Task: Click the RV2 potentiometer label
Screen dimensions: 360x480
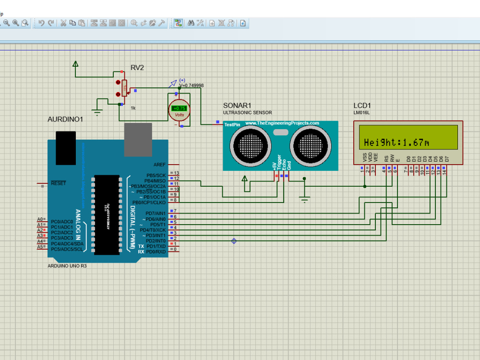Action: pyautogui.click(x=137, y=68)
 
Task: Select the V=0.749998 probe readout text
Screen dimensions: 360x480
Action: pyautogui.click(x=192, y=85)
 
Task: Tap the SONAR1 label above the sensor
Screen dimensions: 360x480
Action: pyautogui.click(x=237, y=106)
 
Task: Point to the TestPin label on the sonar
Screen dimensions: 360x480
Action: pyautogui.click(x=232, y=124)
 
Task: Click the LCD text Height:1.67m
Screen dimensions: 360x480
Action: pyautogui.click(x=396, y=142)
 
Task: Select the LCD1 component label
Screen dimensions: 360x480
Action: pyautogui.click(x=362, y=106)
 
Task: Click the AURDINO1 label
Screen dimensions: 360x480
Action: pyautogui.click(x=65, y=119)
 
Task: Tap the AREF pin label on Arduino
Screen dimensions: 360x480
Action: pyautogui.click(x=159, y=164)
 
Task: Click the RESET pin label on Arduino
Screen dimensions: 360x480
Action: pyautogui.click(x=59, y=183)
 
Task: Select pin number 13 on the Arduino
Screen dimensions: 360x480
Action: pyautogui.click(x=176, y=173)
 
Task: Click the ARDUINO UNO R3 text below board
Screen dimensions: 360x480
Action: pyautogui.click(x=67, y=265)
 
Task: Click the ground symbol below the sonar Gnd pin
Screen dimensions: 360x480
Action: pyautogui.click(x=304, y=197)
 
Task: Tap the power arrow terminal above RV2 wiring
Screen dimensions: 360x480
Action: pyautogui.click(x=75, y=64)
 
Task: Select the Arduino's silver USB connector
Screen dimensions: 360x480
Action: pyautogui.click(x=138, y=139)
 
